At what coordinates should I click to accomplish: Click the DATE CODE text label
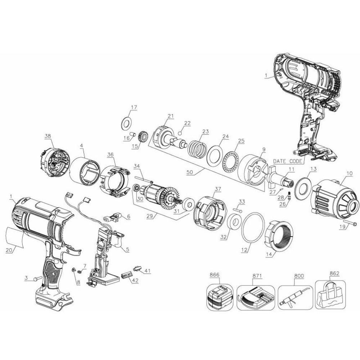click(288, 161)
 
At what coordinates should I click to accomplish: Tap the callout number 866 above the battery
click(214, 275)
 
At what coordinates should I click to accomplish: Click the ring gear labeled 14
click(279, 235)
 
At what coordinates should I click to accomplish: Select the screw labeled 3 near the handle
click(37, 279)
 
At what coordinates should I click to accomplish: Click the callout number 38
click(48, 136)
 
